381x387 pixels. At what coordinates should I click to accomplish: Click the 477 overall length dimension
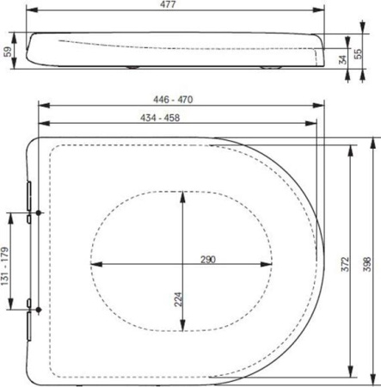[x=168, y=4]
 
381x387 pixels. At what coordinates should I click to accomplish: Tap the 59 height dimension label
[x=8, y=52]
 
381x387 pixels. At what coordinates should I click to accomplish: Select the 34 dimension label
[x=343, y=59]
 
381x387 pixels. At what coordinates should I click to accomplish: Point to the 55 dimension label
[x=358, y=54]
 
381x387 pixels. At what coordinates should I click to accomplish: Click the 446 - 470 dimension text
[x=173, y=100]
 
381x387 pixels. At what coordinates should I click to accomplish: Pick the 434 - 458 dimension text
[x=160, y=118]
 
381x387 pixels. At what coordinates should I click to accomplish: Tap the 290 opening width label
[x=208, y=260]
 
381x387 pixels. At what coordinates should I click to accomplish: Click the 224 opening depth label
[x=178, y=299]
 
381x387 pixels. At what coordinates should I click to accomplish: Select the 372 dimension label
[x=345, y=264]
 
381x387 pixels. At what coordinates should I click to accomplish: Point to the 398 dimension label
[x=367, y=264]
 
